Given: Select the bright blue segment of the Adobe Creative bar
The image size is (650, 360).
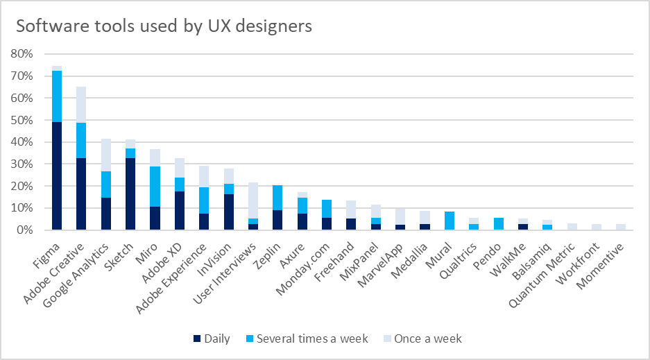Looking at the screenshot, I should (x=81, y=140).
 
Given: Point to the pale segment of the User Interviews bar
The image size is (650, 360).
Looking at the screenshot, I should (x=254, y=200).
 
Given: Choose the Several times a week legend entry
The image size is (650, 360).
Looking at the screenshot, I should (x=305, y=339).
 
